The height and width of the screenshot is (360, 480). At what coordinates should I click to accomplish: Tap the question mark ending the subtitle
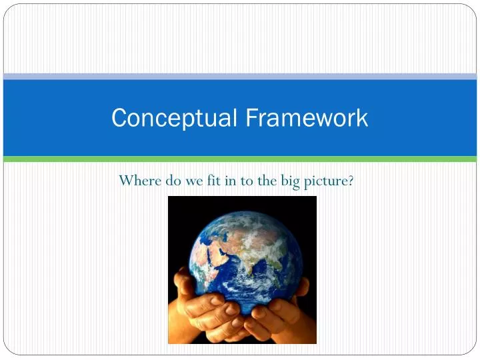click(351, 181)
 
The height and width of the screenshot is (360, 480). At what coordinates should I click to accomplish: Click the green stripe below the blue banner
click(240, 159)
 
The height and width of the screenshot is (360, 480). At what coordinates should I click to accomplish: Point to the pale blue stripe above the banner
click(240, 77)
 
